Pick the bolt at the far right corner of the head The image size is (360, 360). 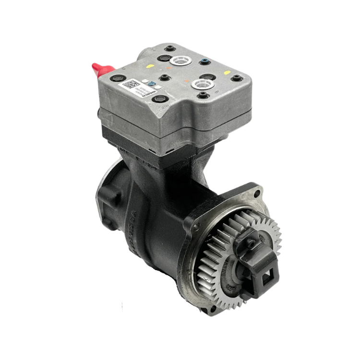(235, 78)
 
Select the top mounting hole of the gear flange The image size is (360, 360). (256, 193)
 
